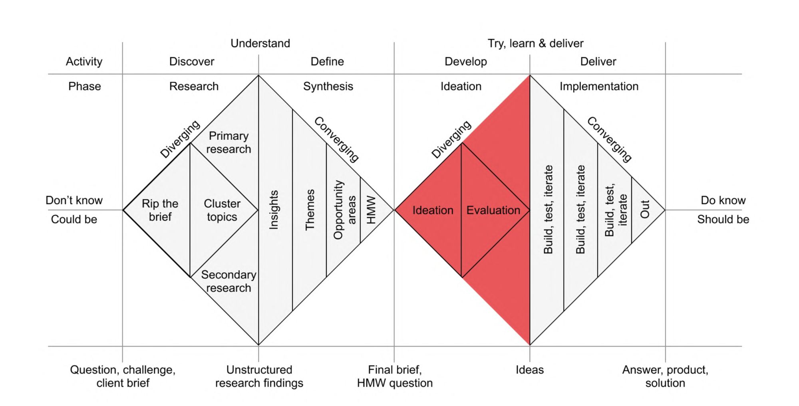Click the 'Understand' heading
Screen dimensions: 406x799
[260, 43]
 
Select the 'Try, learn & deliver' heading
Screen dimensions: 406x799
[535, 43]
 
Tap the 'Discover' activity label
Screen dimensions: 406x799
[191, 61]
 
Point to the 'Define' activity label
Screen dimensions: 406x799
[327, 61]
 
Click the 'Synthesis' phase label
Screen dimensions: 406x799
[328, 86]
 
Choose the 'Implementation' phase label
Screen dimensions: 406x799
[599, 86]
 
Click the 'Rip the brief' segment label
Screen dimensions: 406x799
[160, 210]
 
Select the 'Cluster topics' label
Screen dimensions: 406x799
[222, 210]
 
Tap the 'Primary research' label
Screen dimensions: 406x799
[229, 143]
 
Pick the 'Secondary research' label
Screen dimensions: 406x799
[229, 281]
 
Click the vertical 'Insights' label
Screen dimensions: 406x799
[274, 210]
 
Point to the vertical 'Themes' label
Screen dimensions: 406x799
[310, 210]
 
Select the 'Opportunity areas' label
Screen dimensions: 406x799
[344, 210]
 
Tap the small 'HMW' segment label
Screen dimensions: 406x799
[371, 210]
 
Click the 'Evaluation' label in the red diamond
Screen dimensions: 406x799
[493, 210]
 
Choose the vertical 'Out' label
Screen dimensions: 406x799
[645, 209]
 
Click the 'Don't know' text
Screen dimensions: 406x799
[74, 200]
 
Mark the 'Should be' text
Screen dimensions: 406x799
[723, 219]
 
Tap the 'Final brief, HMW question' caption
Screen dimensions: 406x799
[395, 376]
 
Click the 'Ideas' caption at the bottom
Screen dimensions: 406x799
[529, 370]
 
